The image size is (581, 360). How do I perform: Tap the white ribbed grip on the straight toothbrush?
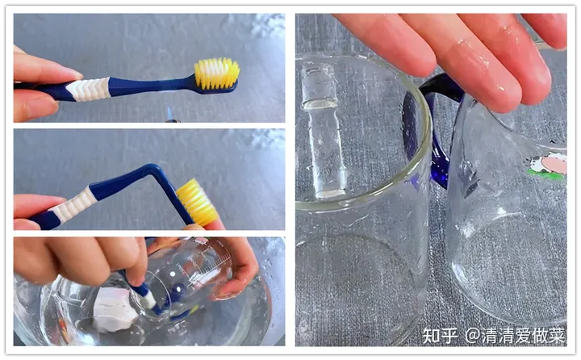point(88,89)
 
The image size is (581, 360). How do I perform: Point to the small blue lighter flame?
point(169,112)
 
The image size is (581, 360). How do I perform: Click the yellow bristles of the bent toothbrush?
point(196,201)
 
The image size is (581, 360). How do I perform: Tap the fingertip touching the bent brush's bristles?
point(215,224)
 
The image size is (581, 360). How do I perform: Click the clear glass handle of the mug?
point(322,131)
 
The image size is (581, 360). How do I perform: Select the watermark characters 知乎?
point(440,336)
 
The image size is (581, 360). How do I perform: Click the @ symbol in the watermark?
point(472,336)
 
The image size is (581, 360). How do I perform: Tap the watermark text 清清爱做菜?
point(523,336)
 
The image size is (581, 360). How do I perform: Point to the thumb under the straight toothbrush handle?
point(35,105)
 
